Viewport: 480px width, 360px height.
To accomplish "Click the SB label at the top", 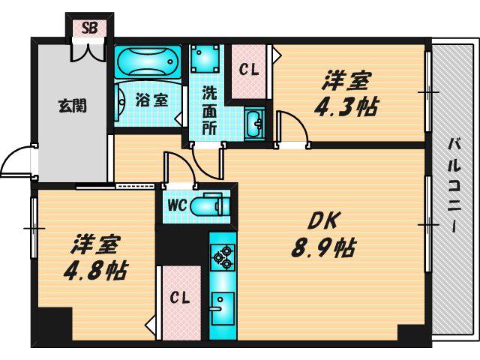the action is [89, 28].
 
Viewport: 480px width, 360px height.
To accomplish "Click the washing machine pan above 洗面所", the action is [205, 58].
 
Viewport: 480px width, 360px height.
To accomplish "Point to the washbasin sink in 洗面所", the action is [253, 123].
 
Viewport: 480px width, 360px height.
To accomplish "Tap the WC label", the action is [177, 205].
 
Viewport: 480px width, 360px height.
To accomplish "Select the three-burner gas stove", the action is [223, 256].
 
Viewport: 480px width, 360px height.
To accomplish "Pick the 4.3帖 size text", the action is [346, 106].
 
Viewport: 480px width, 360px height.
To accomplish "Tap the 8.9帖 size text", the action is [323, 247].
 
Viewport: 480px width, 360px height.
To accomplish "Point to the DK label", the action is [323, 221].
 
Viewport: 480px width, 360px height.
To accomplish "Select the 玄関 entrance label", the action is [73, 105].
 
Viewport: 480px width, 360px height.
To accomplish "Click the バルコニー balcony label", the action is [454, 184].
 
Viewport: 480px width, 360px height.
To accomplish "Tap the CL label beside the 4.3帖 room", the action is [249, 70].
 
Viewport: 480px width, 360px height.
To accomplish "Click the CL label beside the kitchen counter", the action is [180, 298].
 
